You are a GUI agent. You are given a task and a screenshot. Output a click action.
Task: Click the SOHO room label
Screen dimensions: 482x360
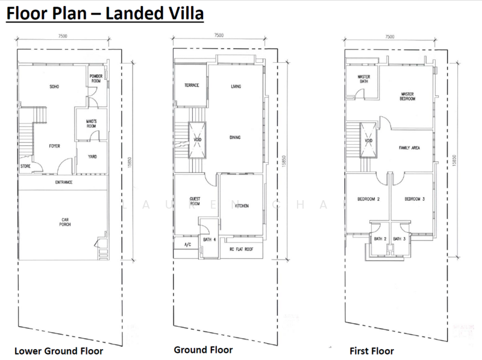click(x=54, y=87)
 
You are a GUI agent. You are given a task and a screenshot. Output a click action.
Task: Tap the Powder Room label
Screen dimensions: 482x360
click(x=96, y=78)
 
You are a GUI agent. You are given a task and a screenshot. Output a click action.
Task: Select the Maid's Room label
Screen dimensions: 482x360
click(x=92, y=124)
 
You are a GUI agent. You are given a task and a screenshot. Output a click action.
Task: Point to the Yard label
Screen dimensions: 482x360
click(x=92, y=157)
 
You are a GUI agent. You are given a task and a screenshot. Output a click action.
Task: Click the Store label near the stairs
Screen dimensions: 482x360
click(x=25, y=166)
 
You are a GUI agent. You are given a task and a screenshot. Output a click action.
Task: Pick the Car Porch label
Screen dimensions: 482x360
click(x=65, y=222)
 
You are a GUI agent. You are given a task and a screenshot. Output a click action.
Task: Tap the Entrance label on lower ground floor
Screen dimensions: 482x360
click(x=64, y=182)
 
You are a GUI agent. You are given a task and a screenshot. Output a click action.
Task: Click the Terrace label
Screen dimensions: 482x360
click(x=192, y=85)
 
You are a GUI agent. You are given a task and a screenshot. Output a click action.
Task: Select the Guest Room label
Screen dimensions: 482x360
click(x=195, y=201)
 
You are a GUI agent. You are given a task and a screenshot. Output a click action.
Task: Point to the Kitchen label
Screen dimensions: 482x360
click(x=242, y=206)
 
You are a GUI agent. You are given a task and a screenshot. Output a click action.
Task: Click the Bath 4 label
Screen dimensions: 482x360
click(x=209, y=239)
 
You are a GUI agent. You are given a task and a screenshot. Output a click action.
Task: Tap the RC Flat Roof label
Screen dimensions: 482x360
click(x=242, y=249)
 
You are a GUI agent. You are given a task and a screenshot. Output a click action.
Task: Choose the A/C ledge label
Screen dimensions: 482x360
click(x=187, y=245)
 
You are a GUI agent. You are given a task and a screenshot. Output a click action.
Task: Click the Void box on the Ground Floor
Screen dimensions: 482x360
click(x=197, y=140)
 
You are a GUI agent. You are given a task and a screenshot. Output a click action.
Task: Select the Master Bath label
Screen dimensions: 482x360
click(x=364, y=79)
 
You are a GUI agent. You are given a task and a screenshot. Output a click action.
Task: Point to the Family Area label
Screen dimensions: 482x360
click(x=410, y=148)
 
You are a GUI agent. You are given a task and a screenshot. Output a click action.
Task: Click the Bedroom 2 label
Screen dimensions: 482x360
click(x=368, y=199)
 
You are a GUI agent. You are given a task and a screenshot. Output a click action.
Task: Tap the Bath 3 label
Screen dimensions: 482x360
click(x=399, y=239)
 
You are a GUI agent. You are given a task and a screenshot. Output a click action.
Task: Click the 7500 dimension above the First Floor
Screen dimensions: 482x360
click(x=389, y=37)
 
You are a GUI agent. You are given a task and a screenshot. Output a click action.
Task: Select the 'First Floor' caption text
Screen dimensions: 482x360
click(x=372, y=351)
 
